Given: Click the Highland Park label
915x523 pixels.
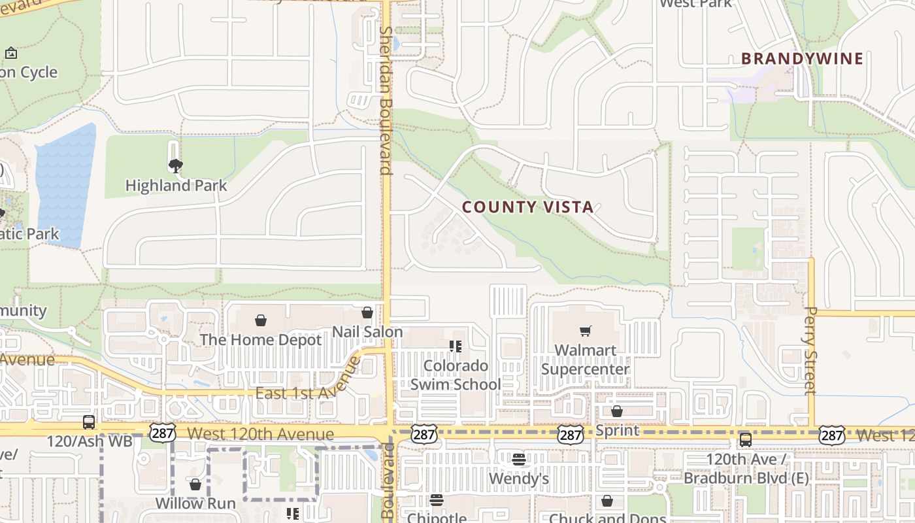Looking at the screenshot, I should [176, 186].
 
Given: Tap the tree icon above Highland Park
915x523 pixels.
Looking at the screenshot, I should [175, 166].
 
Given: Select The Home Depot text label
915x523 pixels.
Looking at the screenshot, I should [261, 340].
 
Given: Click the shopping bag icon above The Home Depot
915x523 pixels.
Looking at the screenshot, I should [261, 320].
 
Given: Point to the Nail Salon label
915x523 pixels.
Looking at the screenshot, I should [367, 331].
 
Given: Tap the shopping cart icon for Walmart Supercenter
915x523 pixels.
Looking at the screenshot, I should [585, 331].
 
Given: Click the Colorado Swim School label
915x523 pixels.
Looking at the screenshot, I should [456, 375].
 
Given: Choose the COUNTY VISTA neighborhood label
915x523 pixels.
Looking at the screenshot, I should [527, 207].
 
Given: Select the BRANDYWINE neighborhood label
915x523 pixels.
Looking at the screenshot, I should [802, 59].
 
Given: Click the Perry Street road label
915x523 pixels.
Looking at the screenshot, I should [810, 350].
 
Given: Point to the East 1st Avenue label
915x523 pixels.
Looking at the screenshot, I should [308, 386].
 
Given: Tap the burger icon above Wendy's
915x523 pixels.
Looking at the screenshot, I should [519, 460].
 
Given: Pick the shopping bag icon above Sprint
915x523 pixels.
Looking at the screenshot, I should [616, 411].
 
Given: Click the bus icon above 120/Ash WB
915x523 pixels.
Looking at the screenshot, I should [89, 422].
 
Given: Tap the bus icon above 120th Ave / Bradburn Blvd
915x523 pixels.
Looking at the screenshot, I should [746, 440].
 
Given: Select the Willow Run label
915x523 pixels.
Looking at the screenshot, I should [195, 503].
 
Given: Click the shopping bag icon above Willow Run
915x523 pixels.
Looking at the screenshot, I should [195, 484].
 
